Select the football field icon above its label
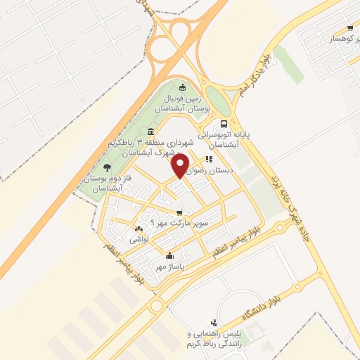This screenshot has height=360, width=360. [183, 88]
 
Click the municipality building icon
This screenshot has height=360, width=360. [151, 132]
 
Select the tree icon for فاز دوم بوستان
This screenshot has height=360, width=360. [107, 167]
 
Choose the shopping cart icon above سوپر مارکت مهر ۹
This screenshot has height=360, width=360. [181, 211]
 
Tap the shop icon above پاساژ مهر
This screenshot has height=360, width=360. [169, 255]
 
